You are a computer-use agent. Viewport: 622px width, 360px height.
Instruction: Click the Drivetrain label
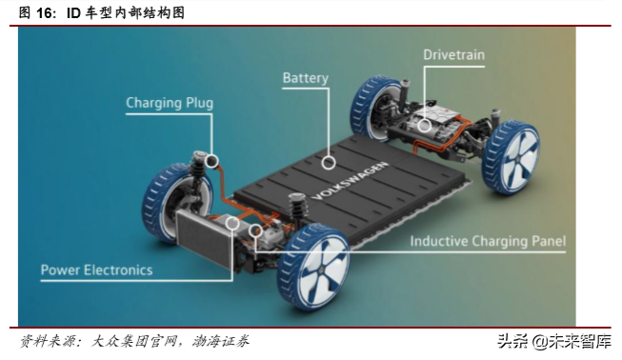[x=453, y=55]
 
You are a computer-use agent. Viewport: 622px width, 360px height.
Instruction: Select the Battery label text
[x=305, y=78]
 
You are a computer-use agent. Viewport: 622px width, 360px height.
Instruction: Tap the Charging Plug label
[x=170, y=103]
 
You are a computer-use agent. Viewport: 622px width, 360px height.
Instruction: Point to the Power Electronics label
[x=96, y=270]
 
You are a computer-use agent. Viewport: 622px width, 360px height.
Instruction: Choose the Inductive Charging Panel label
[x=488, y=241]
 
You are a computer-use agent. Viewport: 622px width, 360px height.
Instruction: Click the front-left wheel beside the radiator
[x=168, y=204]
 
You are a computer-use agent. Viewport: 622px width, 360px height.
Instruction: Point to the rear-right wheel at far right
[x=512, y=158]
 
